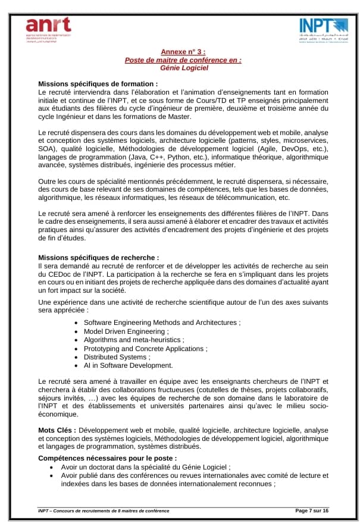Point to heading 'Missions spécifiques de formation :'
point(98,84)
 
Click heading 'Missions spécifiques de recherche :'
point(99,257)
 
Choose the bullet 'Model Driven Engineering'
point(126,331)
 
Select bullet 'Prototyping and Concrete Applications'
point(145,348)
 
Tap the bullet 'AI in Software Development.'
point(128,365)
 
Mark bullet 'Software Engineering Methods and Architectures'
point(161,323)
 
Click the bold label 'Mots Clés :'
point(57,430)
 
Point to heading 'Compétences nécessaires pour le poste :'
point(107,458)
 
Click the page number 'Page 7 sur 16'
point(312,511)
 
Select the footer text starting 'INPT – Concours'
point(104,511)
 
